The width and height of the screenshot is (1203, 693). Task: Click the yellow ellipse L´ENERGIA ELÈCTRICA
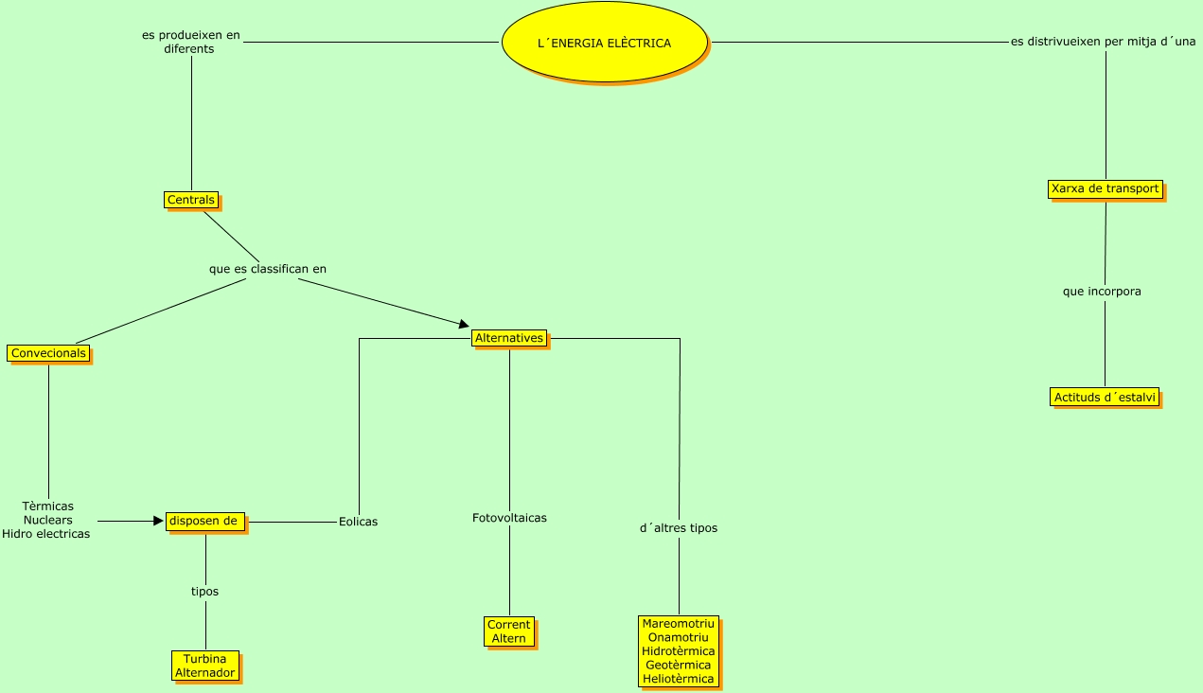click(x=604, y=44)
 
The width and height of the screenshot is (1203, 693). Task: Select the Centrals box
click(x=190, y=200)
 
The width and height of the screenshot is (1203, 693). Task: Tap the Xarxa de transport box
click(x=1105, y=188)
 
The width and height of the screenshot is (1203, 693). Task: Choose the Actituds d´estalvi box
click(x=1105, y=397)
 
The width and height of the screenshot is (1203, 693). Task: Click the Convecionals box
click(x=48, y=353)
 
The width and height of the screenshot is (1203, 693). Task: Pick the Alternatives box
click(x=509, y=338)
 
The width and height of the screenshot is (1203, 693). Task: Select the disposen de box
click(x=204, y=521)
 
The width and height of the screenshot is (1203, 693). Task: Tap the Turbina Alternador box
click(x=204, y=666)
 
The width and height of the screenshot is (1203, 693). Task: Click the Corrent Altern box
click(x=509, y=631)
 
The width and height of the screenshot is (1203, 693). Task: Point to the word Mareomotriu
click(x=678, y=624)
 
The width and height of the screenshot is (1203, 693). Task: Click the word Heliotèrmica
click(x=678, y=679)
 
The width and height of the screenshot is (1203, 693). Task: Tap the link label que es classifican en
click(x=268, y=269)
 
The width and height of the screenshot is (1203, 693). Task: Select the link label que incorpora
click(x=1102, y=292)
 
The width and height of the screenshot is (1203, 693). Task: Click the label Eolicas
click(x=358, y=522)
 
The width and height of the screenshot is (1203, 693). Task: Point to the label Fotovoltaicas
click(x=509, y=518)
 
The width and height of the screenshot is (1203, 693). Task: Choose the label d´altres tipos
click(x=679, y=528)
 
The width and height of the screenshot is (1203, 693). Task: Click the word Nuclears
click(x=47, y=520)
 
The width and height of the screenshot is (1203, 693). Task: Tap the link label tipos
click(x=204, y=592)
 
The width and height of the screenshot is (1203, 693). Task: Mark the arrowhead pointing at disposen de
click(x=158, y=521)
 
